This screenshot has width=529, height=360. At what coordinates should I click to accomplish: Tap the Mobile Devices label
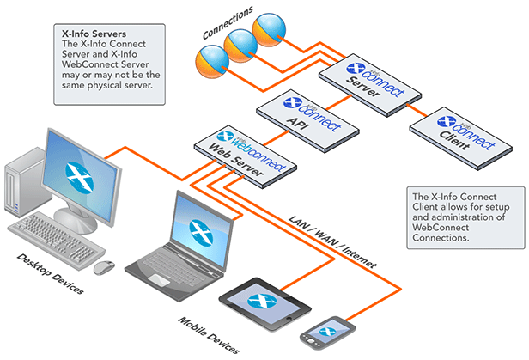(207, 335)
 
